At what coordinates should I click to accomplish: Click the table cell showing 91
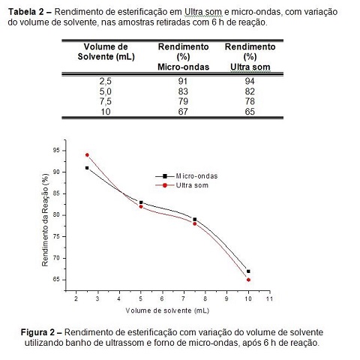pos(183,81)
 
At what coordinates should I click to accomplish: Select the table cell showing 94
pos(250,81)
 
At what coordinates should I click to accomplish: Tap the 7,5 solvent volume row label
pos(106,101)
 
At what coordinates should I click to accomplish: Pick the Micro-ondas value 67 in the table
pos(183,112)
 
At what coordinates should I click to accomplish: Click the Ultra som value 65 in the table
pos(250,112)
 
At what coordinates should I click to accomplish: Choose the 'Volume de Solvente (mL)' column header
pos(106,52)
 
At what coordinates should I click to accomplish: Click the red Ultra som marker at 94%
pos(87,155)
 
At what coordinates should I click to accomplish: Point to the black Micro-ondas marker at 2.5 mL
pos(87,168)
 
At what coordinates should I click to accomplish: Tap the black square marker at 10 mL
pos(248,271)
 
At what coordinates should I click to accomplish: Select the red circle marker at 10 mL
pos(248,280)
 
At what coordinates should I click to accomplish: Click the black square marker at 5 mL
pos(141,202)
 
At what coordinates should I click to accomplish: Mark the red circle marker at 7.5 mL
pos(195,223)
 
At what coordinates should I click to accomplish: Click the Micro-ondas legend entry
pos(187,176)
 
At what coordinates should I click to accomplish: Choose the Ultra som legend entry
pos(181,185)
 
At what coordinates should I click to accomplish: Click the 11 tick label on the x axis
pos(269,298)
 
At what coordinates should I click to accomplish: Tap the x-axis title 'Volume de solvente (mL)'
pos(167,310)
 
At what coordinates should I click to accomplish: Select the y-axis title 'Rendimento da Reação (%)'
pos(45,220)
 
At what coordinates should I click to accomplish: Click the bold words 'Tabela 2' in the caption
pos(26,12)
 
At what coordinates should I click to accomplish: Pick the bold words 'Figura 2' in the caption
pos(37,332)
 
